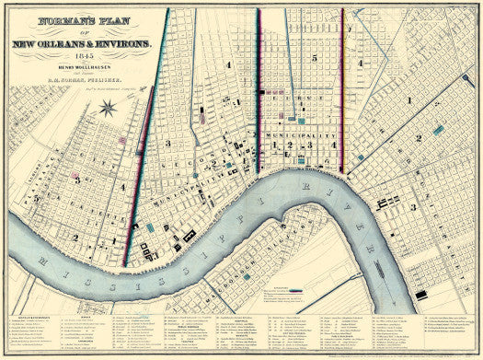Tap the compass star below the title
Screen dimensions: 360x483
coord(106,110)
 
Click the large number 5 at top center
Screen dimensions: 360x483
coord(314,58)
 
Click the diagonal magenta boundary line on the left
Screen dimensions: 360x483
coord(145,138)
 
